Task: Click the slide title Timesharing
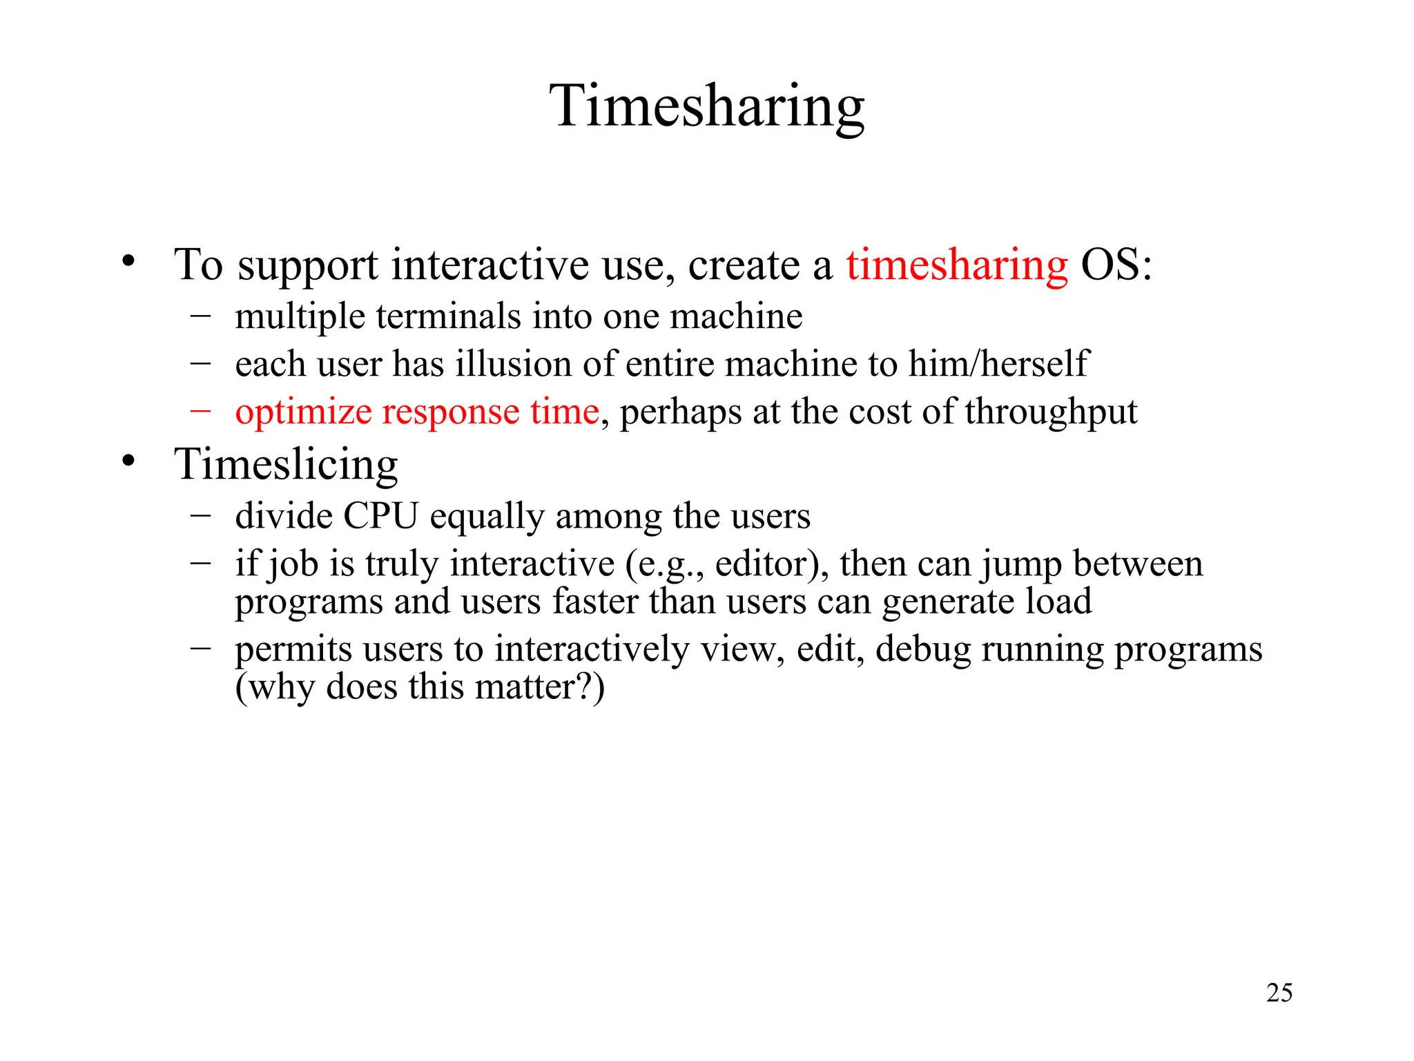point(706,107)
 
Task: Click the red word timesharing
point(957,266)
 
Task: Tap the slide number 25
point(1279,993)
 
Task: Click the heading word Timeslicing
point(286,464)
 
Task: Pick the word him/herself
point(998,364)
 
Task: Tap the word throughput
point(1051,412)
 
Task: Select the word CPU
point(381,516)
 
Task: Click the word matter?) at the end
point(540,687)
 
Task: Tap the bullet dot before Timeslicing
point(128,461)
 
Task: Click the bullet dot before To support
point(128,262)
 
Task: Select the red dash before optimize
point(200,410)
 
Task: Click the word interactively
point(591,649)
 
